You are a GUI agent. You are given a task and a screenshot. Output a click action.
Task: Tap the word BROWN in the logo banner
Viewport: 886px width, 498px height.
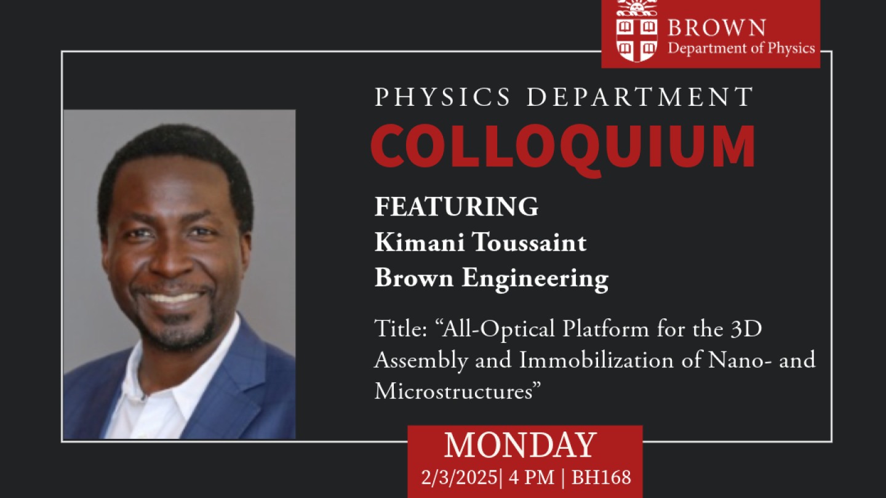click(x=717, y=28)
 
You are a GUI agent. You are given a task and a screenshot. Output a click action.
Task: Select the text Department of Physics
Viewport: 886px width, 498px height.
click(x=741, y=48)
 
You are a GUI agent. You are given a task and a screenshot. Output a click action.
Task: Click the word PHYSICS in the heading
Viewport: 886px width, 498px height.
click(x=442, y=97)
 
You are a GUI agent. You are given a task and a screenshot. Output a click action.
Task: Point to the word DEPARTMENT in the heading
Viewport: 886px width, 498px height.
click(x=640, y=97)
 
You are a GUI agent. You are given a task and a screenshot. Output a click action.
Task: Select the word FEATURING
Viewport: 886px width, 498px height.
click(x=456, y=207)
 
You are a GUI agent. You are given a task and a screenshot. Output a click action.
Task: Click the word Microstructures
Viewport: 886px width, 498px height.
click(x=453, y=391)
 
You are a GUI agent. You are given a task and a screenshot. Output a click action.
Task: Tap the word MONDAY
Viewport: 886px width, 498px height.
click(x=520, y=445)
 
